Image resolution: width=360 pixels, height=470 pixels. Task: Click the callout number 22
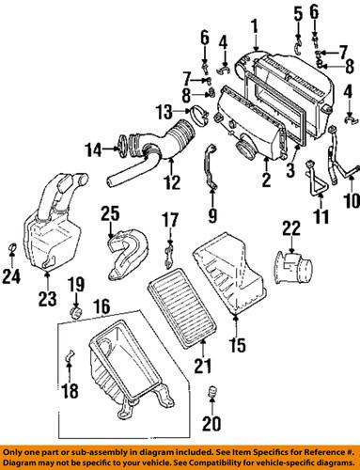(x=291, y=228)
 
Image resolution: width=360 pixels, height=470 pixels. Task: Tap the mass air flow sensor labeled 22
(x=294, y=267)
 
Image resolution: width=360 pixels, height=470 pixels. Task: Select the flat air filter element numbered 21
(x=182, y=307)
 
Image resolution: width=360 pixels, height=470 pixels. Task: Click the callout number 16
(x=102, y=306)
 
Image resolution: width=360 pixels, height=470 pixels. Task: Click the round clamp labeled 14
(x=123, y=147)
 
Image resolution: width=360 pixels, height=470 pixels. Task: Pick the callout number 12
(x=172, y=182)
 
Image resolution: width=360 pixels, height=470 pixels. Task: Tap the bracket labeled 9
(x=211, y=166)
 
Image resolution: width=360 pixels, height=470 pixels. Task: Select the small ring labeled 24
(x=12, y=247)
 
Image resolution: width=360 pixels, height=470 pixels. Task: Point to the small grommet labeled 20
(x=212, y=391)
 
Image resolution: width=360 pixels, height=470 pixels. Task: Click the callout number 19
(x=77, y=286)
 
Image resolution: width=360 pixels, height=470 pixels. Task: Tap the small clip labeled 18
(x=70, y=355)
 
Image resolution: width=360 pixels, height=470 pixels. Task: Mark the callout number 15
(x=237, y=345)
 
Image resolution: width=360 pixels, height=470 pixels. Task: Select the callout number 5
(x=298, y=14)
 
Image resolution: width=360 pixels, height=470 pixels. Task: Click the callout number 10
(x=352, y=200)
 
